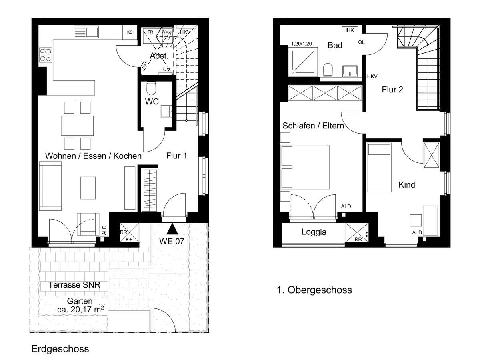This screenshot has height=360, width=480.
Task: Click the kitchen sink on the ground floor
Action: click(x=86, y=32)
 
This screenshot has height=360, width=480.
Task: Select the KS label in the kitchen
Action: click(x=130, y=32)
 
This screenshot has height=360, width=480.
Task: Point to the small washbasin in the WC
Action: click(x=166, y=112)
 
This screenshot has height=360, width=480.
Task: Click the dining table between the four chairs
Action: click(x=78, y=125)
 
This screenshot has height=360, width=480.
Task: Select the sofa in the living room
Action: click(x=50, y=186)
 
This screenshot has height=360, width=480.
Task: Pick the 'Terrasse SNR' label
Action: click(x=74, y=285)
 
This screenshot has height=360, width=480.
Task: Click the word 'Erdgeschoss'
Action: click(x=60, y=349)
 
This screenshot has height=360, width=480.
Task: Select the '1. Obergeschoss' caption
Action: click(x=314, y=290)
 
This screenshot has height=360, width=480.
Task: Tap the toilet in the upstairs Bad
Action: click(x=328, y=69)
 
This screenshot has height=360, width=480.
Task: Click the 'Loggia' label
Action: click(x=314, y=232)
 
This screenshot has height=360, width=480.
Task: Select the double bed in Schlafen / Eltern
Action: click(x=305, y=167)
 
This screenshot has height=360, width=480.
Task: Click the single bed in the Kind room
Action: click(x=379, y=168)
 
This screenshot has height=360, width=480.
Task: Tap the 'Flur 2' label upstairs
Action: click(x=392, y=90)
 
